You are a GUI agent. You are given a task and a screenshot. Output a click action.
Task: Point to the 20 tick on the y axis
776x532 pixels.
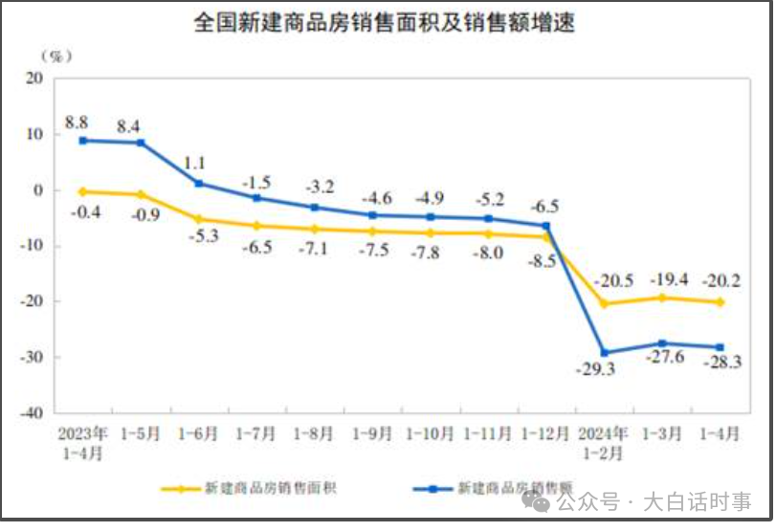click(34, 79)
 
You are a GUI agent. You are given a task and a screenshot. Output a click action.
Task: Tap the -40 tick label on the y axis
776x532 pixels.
click(32, 412)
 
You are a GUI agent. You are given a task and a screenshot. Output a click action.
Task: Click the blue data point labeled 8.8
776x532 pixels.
click(83, 141)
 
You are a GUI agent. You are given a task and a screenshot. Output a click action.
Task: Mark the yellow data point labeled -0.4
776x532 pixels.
click(83, 191)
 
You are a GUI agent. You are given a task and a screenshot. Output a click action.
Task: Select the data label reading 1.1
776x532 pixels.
click(197, 163)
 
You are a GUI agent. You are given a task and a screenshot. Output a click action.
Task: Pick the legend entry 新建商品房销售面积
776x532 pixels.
click(271, 488)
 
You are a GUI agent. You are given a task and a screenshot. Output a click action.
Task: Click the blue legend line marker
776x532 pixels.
click(432, 488)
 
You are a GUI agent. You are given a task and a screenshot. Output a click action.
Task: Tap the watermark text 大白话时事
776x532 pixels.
click(697, 500)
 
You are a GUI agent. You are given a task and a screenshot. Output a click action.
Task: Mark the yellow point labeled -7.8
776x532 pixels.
click(430, 233)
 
